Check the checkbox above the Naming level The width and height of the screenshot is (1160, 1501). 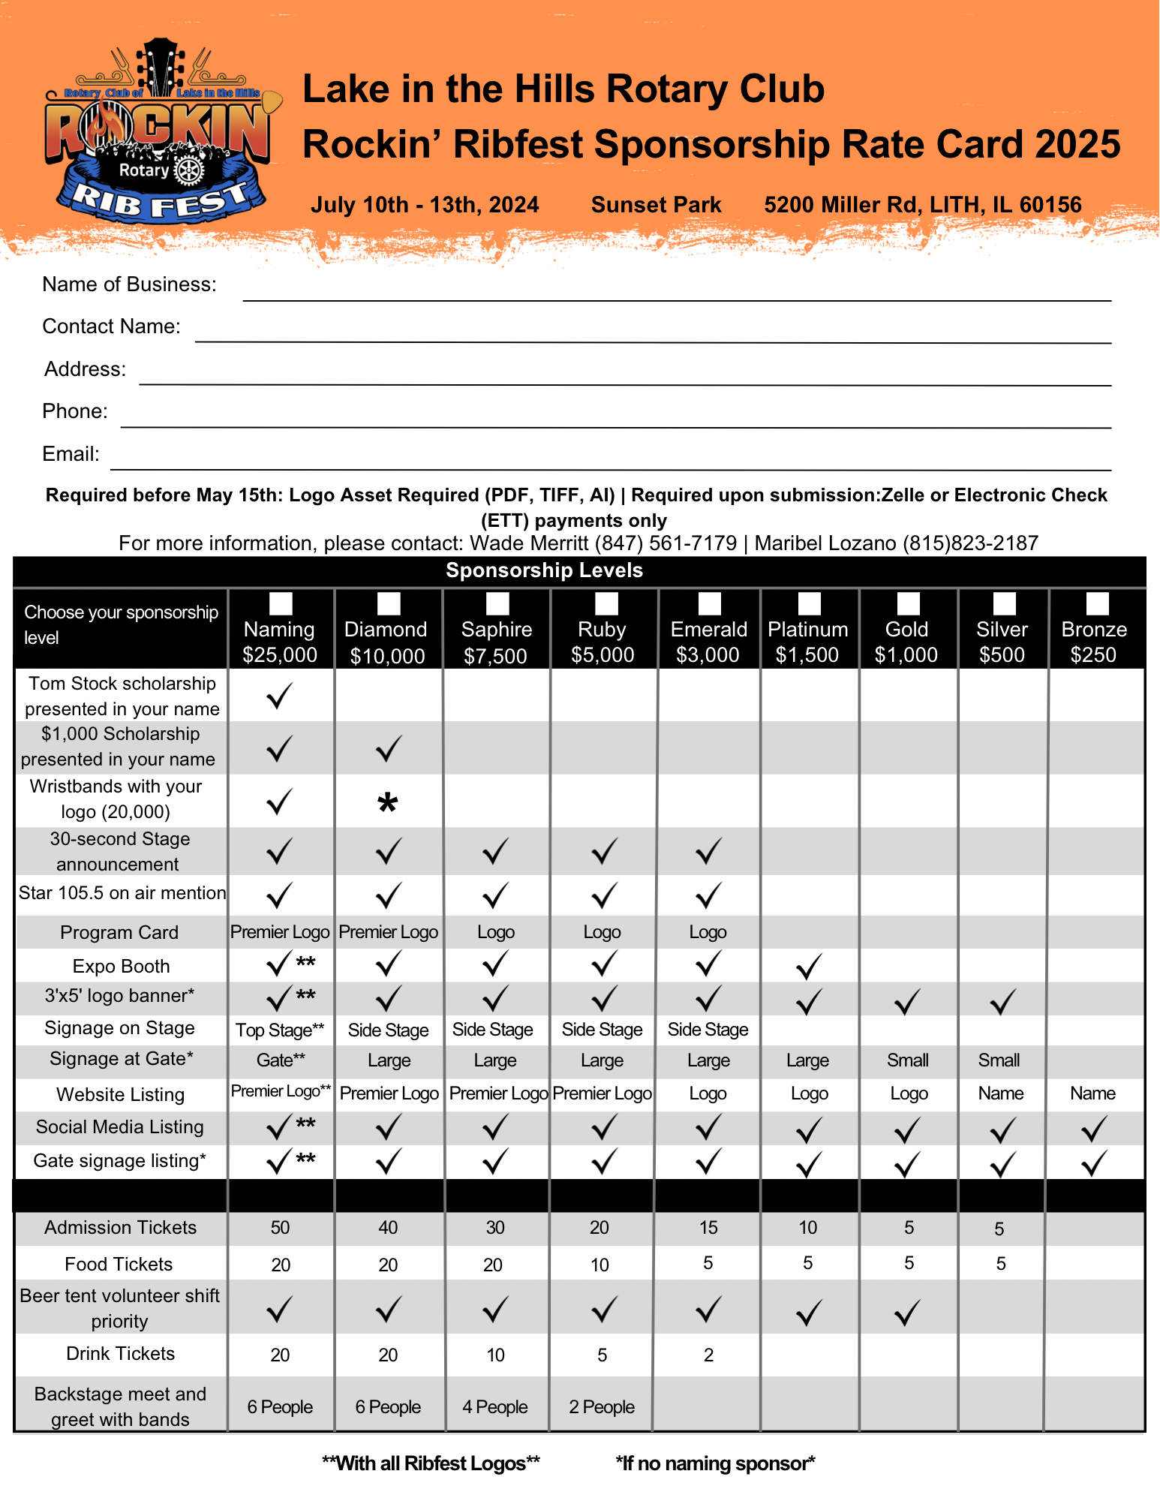281,603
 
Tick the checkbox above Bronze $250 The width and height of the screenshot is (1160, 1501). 1097,603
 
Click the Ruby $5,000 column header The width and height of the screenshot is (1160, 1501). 603,642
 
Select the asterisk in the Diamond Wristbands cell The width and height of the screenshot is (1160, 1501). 388,804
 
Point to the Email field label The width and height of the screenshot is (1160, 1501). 71,454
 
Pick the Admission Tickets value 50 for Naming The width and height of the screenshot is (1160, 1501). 280,1228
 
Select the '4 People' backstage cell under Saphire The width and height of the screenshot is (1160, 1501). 495,1407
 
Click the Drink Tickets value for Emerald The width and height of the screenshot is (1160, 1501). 708,1355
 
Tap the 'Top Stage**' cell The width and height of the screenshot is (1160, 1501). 280,1030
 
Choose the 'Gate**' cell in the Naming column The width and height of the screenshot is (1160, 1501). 281,1060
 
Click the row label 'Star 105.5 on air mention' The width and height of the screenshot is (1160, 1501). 122,893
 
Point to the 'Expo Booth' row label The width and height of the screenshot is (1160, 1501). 121,967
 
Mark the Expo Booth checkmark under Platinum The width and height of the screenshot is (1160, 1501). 808,967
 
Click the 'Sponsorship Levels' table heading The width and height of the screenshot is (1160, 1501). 544,570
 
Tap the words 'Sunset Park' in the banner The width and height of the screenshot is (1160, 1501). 656,205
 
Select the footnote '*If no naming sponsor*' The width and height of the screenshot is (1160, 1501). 715,1463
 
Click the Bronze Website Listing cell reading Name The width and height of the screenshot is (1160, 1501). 1092,1093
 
